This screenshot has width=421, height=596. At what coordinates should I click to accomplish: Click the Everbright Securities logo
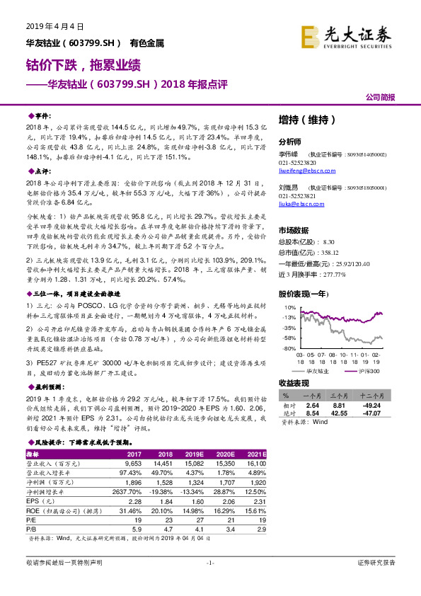(x=346, y=36)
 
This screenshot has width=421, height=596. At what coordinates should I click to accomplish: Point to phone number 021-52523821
(x=298, y=196)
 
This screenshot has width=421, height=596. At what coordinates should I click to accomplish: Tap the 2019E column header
(x=193, y=453)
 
